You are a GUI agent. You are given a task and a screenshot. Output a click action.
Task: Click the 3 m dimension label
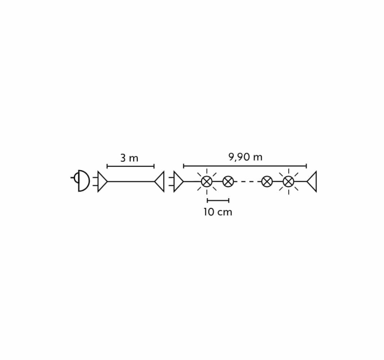pos(130,158)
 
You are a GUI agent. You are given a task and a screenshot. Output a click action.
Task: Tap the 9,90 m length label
pos(245,157)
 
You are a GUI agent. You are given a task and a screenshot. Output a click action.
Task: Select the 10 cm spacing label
pos(218,212)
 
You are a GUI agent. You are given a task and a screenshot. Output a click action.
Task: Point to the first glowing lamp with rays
pos(207,182)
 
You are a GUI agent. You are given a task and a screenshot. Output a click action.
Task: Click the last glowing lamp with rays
pos(288,182)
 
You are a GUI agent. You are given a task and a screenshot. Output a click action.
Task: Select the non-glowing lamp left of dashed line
pos(228,182)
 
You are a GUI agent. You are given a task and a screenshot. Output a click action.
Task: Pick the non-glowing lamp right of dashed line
pos(267,182)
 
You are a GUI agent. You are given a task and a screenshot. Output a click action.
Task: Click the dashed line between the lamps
pos(247,182)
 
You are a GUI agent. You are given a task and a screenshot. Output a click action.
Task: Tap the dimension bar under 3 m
pos(131,166)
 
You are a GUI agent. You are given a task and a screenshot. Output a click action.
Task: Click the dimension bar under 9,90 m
pos(245,166)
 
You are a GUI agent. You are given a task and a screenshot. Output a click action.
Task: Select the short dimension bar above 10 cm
pos(218,201)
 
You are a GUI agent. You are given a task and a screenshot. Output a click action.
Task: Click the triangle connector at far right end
pos(312,181)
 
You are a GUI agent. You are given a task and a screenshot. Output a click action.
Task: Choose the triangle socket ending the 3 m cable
pos(159,181)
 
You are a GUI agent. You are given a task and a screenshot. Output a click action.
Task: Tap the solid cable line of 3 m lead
pos(131,181)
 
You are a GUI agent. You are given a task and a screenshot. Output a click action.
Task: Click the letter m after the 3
pos(134,159)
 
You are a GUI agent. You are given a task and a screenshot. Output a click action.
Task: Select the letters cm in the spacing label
pos(224,213)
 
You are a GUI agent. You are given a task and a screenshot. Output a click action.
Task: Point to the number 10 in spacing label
pos(209,212)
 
